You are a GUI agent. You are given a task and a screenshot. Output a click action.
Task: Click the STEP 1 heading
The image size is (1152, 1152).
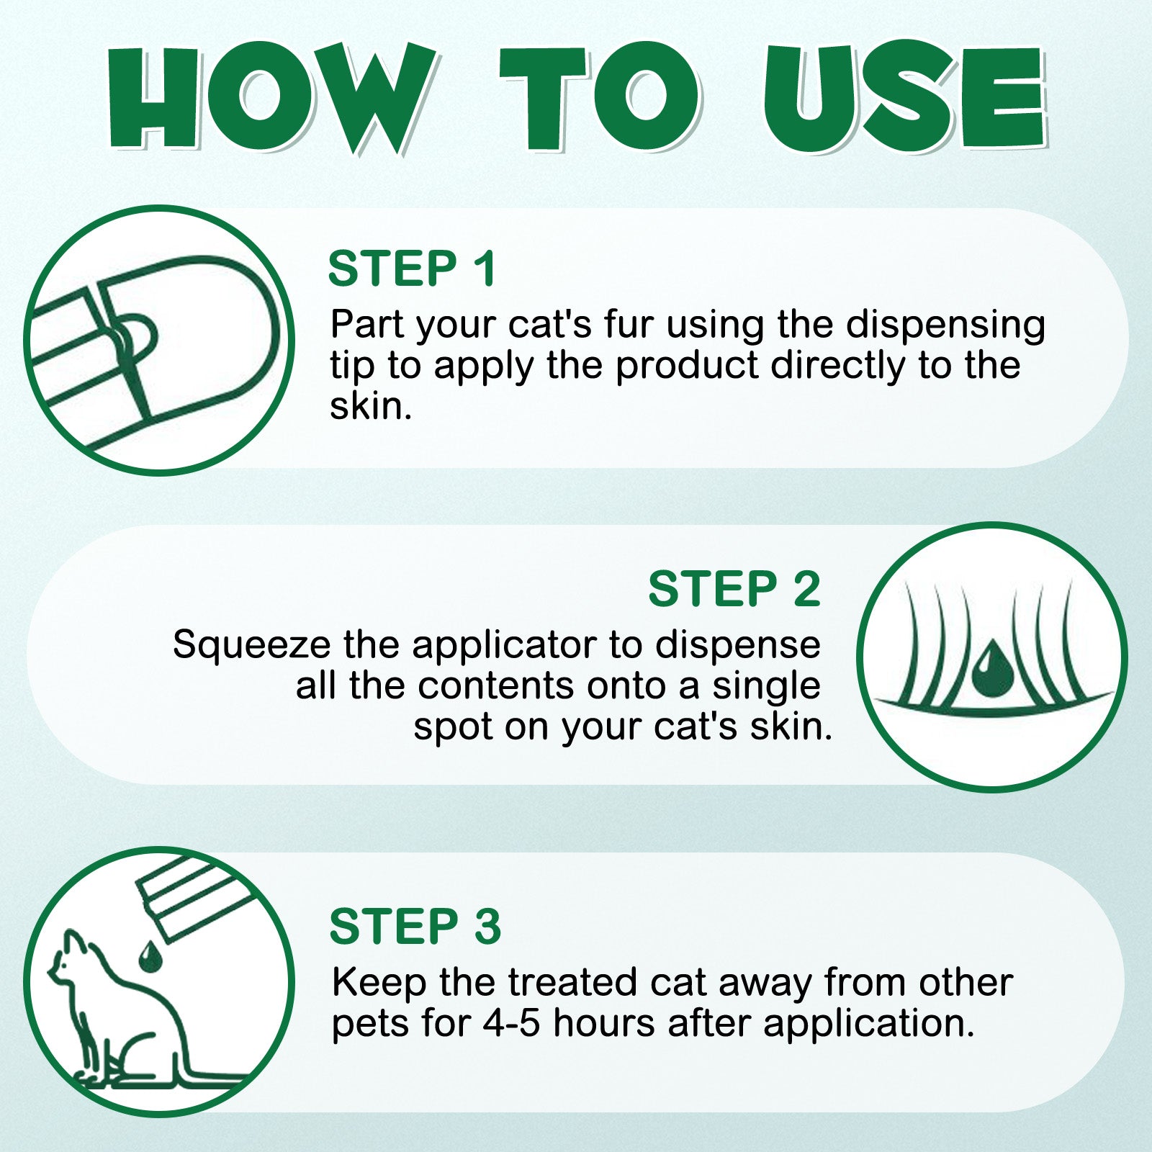tap(412, 269)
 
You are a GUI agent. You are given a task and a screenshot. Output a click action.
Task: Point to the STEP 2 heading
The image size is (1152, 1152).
tap(734, 589)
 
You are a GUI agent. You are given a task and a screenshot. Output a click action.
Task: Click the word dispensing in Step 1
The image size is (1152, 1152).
tap(945, 325)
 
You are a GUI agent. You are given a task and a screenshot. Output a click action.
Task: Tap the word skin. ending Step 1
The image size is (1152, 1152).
tap(371, 406)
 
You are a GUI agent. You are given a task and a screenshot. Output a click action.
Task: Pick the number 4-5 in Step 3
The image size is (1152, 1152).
tap(510, 1023)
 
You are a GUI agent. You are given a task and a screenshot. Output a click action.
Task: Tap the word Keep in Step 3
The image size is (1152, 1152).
tap(379, 983)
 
